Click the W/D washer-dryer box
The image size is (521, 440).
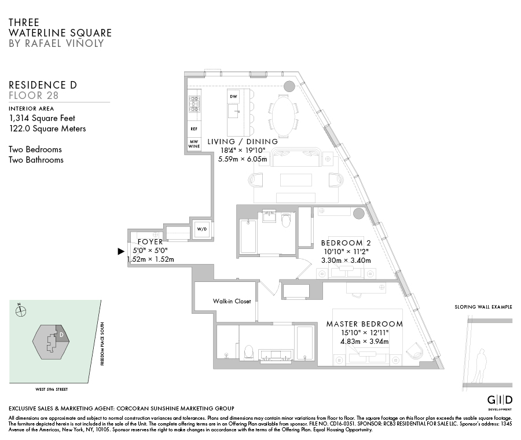(202, 229)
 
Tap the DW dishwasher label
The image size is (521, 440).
(233, 96)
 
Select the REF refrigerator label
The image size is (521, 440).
(193, 129)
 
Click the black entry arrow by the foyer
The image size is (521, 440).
(121, 251)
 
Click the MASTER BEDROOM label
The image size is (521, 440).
(364, 324)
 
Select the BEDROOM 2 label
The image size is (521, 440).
(346, 243)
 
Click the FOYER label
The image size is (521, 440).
(150, 242)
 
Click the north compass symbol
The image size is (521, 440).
(21, 311)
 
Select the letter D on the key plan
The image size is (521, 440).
(61, 334)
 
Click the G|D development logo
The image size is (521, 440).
(500, 400)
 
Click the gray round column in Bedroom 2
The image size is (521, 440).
(359, 213)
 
